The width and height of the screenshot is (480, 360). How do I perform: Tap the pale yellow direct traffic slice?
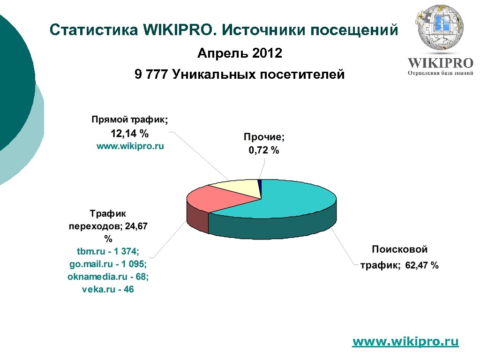[239, 187]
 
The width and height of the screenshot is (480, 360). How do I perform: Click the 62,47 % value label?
[422, 266]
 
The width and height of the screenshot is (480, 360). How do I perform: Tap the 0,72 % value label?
[263, 150]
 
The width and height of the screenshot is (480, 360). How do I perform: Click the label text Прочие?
[264, 137]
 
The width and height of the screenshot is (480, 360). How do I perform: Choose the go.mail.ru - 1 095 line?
[108, 263]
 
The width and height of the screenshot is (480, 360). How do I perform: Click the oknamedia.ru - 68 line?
[108, 277]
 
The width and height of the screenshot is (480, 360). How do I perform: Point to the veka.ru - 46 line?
[108, 289]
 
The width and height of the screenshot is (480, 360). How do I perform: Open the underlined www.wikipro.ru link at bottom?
[405, 341]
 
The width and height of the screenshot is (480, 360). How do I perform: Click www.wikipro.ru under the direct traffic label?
[130, 146]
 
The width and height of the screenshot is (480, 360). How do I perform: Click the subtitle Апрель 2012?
[240, 53]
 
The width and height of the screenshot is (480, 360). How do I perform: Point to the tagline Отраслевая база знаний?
[440, 73]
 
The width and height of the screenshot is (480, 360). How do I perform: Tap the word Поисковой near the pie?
[400, 249]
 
